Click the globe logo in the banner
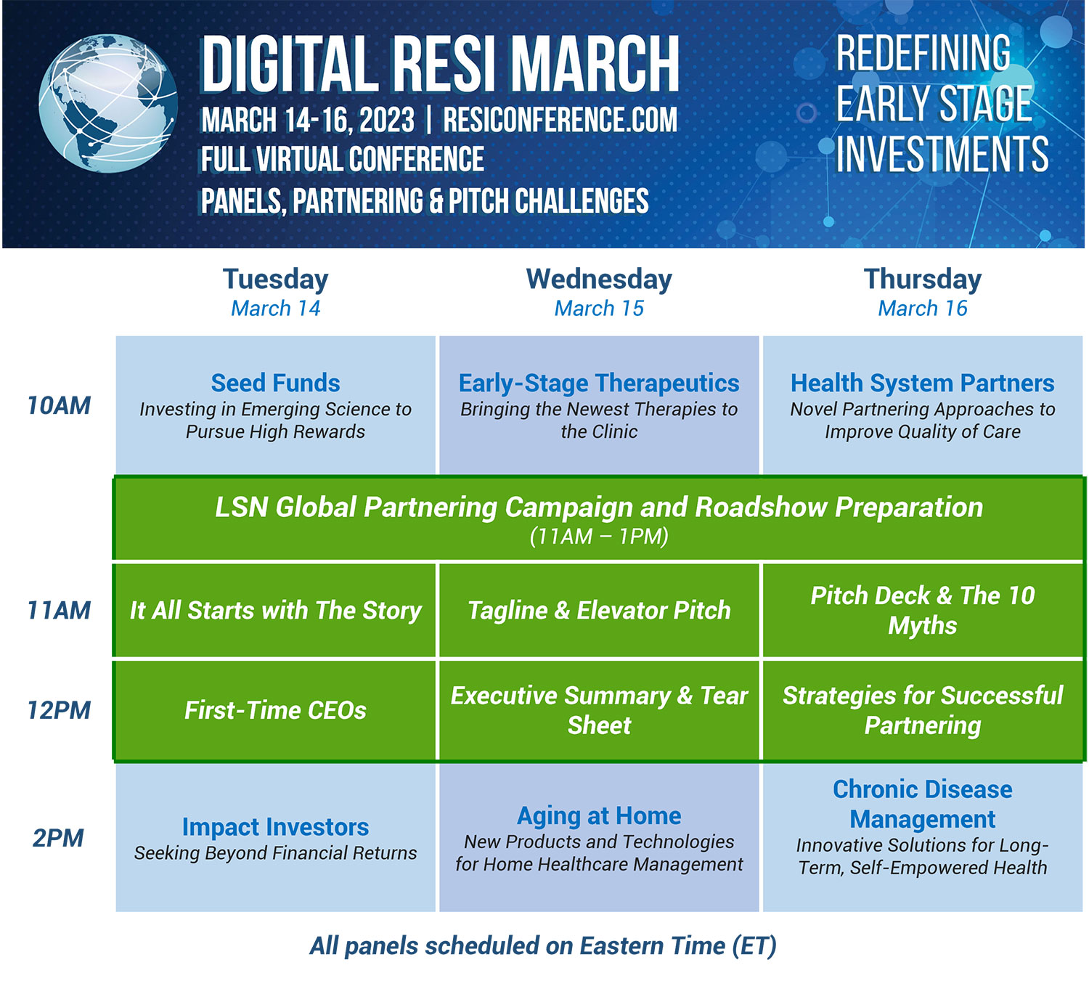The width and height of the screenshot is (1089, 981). click(107, 103)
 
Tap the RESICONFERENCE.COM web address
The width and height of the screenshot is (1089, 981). click(560, 121)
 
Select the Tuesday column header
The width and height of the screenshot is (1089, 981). click(275, 280)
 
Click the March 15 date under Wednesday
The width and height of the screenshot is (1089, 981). click(599, 309)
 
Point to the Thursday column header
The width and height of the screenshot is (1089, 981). click(922, 280)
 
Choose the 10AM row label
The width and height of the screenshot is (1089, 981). click(59, 405)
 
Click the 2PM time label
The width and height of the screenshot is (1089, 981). click(58, 838)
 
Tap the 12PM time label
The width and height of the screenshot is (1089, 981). click(59, 710)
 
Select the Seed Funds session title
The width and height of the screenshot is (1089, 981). click(275, 383)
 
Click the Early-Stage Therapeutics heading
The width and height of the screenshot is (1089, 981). click(599, 383)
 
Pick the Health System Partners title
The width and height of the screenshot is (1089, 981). click(922, 383)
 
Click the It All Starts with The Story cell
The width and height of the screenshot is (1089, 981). click(275, 611)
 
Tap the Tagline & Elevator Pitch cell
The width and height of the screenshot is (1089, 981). click(599, 611)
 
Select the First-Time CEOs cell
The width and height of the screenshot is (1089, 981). click(275, 710)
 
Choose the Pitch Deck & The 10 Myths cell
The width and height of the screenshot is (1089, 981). click(922, 611)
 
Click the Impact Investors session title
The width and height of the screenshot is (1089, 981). click(275, 827)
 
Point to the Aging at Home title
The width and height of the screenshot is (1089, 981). click(599, 815)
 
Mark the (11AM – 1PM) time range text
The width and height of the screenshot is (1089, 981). click(599, 537)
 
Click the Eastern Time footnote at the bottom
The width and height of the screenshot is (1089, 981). click(543, 946)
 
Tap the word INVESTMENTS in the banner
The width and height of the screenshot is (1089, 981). click(942, 154)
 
